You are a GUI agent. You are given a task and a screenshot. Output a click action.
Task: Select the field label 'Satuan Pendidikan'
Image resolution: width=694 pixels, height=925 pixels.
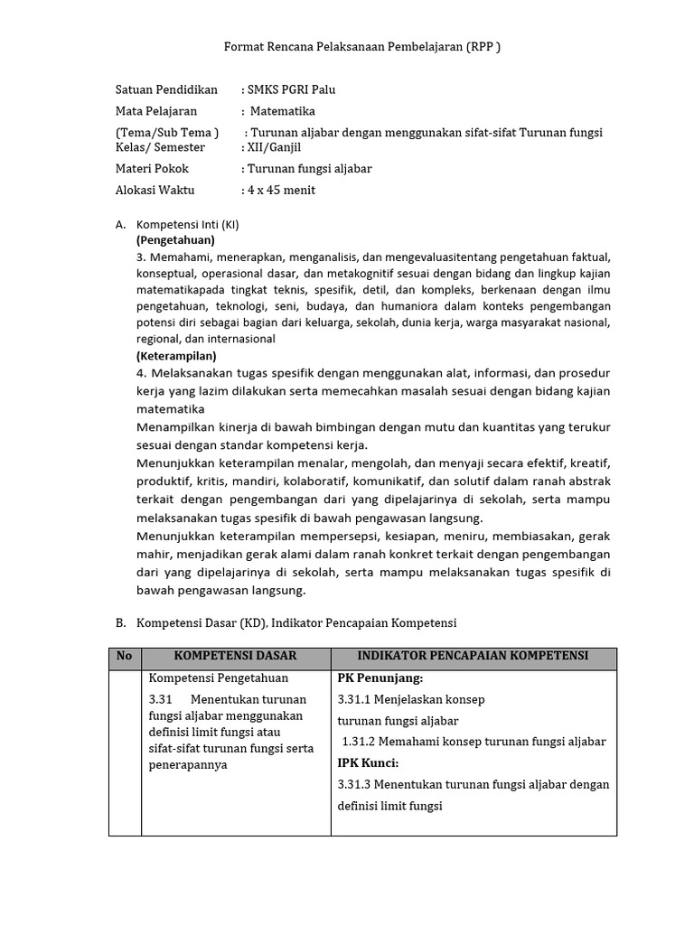(x=167, y=90)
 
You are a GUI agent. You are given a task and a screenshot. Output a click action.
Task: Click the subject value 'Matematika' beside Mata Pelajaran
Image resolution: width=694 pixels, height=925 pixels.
(x=283, y=112)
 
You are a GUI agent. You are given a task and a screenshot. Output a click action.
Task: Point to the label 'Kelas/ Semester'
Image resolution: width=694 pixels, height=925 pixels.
(x=161, y=147)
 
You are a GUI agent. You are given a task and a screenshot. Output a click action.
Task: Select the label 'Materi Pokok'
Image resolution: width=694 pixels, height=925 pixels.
(x=155, y=169)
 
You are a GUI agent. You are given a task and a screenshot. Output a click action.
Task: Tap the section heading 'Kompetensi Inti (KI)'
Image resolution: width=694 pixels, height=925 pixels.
(x=188, y=224)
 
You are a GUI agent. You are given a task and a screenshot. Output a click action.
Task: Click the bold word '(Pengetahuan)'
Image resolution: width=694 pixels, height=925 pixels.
(x=175, y=240)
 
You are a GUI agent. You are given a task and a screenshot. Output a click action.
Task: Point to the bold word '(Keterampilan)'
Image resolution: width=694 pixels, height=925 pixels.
(x=176, y=356)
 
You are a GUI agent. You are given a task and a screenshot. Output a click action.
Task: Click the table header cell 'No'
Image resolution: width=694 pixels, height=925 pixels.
(x=125, y=656)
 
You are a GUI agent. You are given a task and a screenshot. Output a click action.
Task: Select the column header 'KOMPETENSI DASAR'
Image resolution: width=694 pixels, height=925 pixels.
(x=235, y=656)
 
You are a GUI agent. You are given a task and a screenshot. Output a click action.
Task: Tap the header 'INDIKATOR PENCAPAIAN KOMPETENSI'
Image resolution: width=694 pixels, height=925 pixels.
(x=474, y=656)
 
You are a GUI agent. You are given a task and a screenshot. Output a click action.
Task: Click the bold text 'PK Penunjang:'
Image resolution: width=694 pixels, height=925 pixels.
(x=380, y=678)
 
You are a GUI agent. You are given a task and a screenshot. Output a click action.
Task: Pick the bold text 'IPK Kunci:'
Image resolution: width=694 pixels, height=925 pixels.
(x=368, y=763)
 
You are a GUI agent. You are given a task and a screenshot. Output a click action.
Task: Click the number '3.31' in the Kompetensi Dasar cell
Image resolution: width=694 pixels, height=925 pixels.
(x=160, y=700)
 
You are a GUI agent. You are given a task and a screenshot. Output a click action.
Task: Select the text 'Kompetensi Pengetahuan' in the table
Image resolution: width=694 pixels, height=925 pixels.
(x=218, y=678)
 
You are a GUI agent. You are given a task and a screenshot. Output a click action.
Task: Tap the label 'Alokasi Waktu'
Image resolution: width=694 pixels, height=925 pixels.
(x=155, y=190)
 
